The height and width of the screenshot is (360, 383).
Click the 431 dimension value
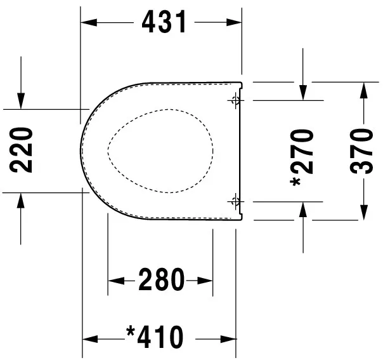[x=164, y=22]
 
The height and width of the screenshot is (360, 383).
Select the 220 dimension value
[x=23, y=150]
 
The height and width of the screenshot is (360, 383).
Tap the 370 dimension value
[x=363, y=150]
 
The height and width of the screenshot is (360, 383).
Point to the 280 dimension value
[x=160, y=279]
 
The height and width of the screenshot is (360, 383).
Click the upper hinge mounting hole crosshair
[x=236, y=100]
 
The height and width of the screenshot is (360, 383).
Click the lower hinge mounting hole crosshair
[x=236, y=201]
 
